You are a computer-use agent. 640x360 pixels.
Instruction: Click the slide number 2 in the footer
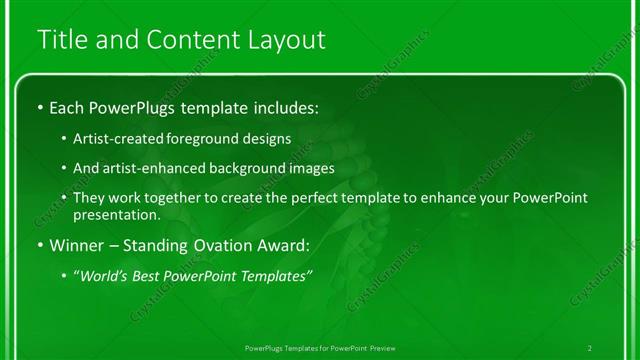click(x=590, y=347)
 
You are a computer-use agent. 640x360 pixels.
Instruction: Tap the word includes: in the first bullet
click(x=285, y=106)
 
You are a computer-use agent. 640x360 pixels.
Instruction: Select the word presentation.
click(x=117, y=214)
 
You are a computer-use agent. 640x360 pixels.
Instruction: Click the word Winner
click(x=75, y=244)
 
